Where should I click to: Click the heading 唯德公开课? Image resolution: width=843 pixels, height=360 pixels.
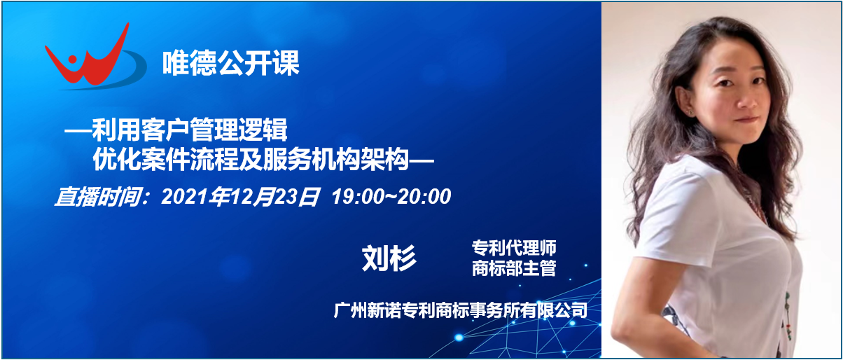[x=230, y=63]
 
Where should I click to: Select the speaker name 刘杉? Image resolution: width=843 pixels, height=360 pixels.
[x=389, y=258]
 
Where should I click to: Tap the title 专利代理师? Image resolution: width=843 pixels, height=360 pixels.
[x=514, y=248]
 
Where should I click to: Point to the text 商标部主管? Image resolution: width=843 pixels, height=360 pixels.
[x=514, y=268]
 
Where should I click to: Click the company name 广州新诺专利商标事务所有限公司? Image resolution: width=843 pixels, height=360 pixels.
[x=460, y=310]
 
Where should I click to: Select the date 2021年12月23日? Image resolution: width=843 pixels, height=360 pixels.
[x=240, y=197]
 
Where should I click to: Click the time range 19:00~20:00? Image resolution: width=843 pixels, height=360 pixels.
[x=391, y=197]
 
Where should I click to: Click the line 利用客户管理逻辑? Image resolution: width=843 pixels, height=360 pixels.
[x=190, y=130]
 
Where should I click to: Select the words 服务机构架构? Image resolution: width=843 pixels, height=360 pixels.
[x=336, y=159]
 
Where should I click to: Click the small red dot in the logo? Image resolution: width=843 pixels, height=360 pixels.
[x=72, y=60]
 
